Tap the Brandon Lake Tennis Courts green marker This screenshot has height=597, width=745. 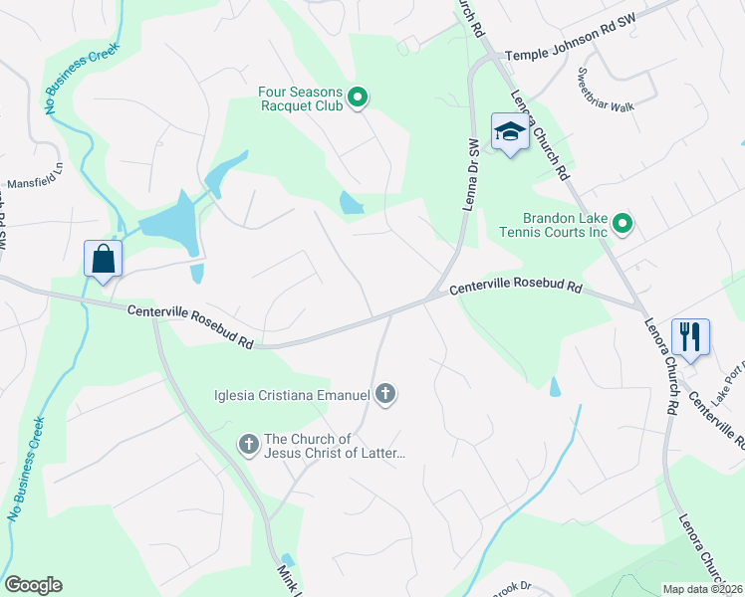click(x=623, y=224)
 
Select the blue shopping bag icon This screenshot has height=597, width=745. click(x=104, y=260)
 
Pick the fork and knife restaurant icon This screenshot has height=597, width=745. click(x=690, y=336)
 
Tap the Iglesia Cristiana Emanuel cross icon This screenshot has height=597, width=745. click(x=385, y=395)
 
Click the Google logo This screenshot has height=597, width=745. click(x=33, y=585)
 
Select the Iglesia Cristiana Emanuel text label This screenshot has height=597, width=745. click(x=292, y=395)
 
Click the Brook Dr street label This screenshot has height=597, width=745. click(x=513, y=588)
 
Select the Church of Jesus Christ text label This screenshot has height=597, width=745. click(x=336, y=447)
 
